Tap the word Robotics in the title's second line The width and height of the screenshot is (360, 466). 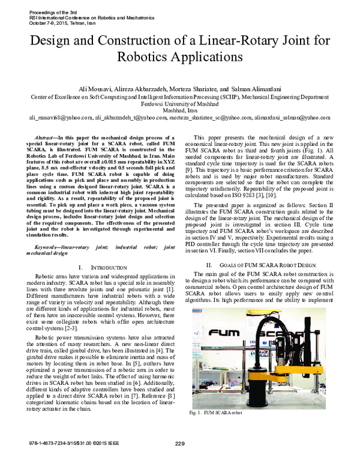click(x=150, y=58)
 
